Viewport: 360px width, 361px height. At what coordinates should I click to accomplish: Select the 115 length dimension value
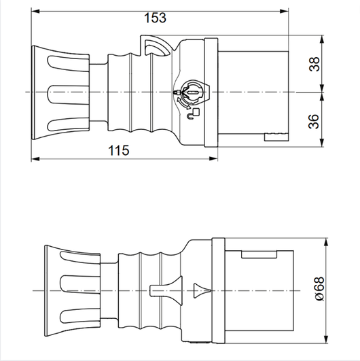click(x=119, y=151)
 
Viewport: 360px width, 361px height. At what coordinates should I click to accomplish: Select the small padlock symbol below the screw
click(x=196, y=112)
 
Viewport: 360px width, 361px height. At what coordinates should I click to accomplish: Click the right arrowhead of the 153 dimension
click(x=285, y=12)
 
